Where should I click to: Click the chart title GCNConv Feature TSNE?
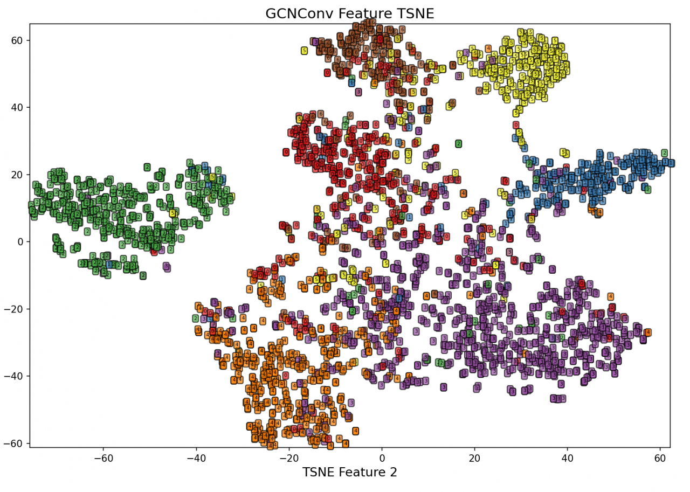click(x=349, y=13)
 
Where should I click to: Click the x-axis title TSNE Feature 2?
click(x=349, y=473)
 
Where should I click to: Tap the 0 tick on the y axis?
click(x=22, y=241)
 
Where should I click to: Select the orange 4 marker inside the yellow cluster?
click(x=488, y=49)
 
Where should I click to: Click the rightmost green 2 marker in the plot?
click(x=664, y=153)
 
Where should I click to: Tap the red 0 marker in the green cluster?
click(x=154, y=252)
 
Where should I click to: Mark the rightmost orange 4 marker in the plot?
click(x=647, y=332)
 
